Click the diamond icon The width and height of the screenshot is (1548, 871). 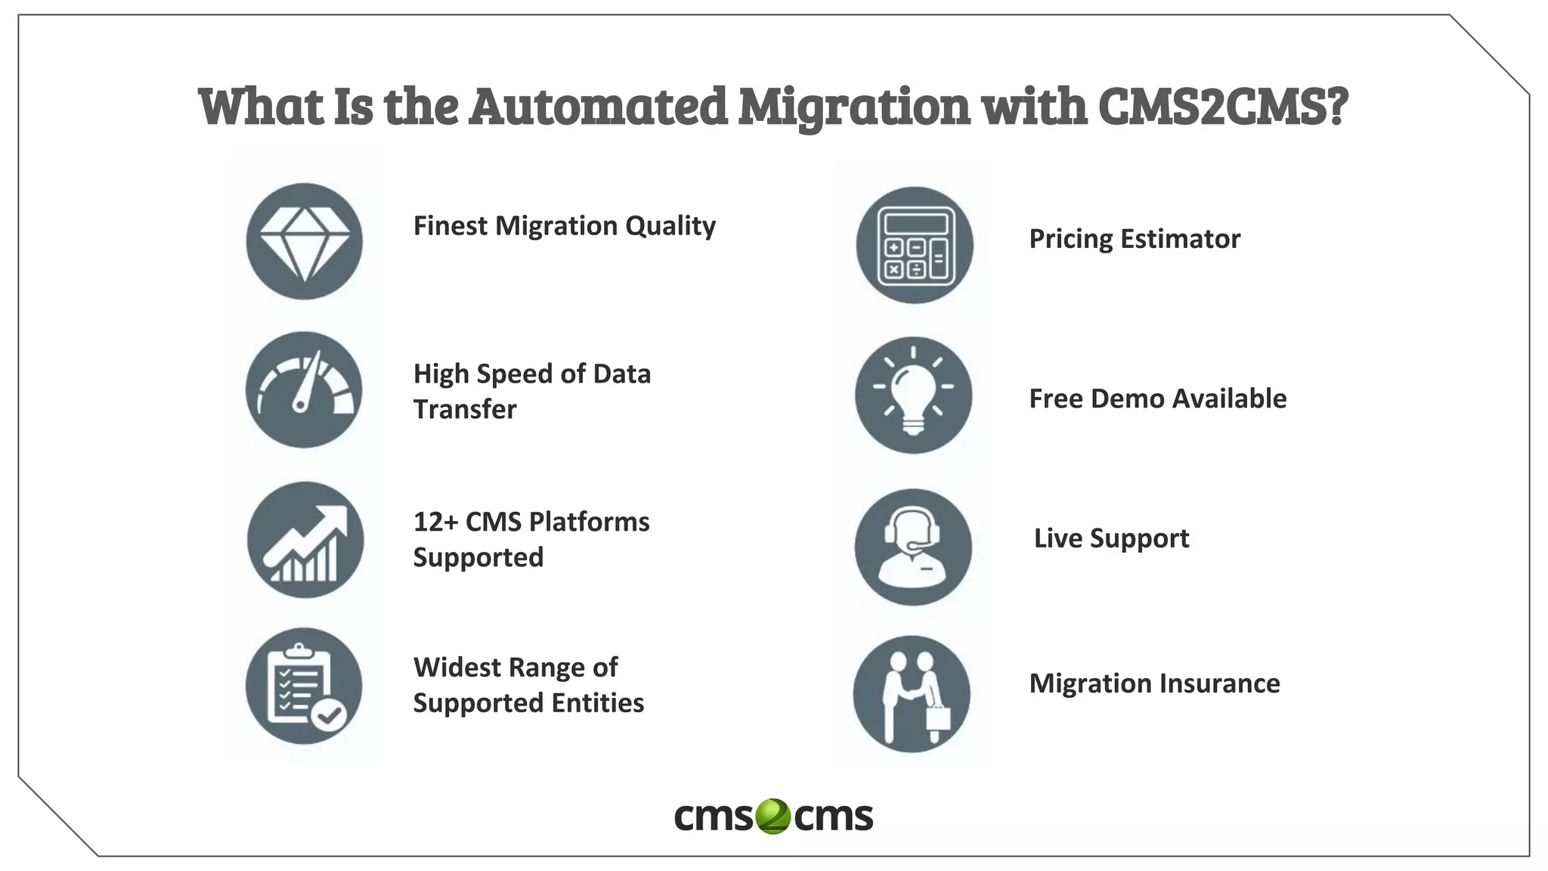[x=304, y=241]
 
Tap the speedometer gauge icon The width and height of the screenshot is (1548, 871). [x=304, y=389]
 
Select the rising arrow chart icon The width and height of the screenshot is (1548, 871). [x=305, y=540]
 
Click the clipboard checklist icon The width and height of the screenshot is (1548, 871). [x=304, y=686]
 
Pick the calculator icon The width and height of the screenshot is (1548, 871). [x=915, y=245]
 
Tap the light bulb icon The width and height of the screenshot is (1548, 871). [x=913, y=395]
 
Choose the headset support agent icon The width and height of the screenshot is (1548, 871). [x=913, y=547]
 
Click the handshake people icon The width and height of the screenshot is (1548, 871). [x=912, y=693]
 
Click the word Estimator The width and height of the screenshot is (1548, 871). [x=1180, y=239]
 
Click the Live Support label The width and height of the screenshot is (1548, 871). [x=1111, y=538]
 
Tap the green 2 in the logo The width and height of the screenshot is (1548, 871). [x=772, y=817]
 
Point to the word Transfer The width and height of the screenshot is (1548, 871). [x=465, y=409]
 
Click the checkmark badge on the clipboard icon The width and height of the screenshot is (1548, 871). [x=330, y=714]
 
